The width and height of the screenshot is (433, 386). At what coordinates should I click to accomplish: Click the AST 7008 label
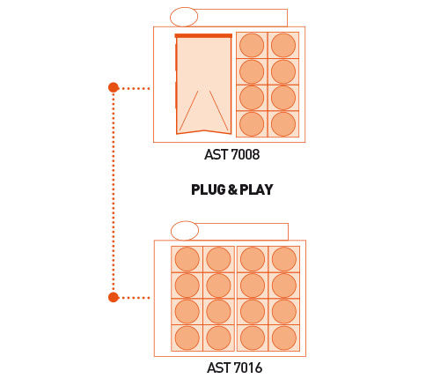pyautogui.click(x=231, y=154)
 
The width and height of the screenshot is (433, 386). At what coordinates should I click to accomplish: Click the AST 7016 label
pyautogui.click(x=234, y=367)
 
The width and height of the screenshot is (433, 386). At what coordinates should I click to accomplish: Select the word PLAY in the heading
pyautogui.click(x=256, y=189)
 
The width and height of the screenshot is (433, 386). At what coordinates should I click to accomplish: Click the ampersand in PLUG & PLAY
pyautogui.click(x=232, y=189)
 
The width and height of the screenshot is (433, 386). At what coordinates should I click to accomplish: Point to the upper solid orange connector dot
pyautogui.click(x=114, y=87)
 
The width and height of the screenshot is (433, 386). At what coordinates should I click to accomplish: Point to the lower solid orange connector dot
pyautogui.click(x=114, y=297)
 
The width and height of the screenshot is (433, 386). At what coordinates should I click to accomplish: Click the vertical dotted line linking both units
pyautogui.click(x=114, y=192)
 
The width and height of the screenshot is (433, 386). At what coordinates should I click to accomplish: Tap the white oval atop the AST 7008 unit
pyautogui.click(x=184, y=17)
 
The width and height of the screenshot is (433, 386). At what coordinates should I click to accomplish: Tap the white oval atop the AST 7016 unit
pyautogui.click(x=185, y=231)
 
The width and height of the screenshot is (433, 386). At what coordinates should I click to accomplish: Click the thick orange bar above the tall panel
pyautogui.click(x=203, y=36)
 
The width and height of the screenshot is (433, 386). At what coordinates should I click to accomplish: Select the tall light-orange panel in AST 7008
pyautogui.click(x=203, y=85)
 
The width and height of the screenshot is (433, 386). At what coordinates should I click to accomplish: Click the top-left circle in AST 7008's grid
pyautogui.click(x=252, y=45)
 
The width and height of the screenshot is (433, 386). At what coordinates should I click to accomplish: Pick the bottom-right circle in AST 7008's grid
pyautogui.click(x=283, y=124)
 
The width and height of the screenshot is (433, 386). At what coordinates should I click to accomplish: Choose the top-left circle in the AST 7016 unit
pyautogui.click(x=187, y=259)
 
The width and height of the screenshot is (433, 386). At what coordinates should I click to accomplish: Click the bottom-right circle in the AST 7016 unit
pyautogui.click(x=284, y=338)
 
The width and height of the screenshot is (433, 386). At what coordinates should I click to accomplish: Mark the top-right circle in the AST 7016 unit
pyautogui.click(x=284, y=259)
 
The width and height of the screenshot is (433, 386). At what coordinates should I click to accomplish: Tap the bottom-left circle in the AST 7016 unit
pyautogui.click(x=187, y=338)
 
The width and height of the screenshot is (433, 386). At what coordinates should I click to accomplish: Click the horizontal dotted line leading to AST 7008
pyautogui.click(x=135, y=88)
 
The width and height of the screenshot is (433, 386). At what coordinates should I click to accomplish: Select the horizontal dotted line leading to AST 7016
pyautogui.click(x=135, y=298)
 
